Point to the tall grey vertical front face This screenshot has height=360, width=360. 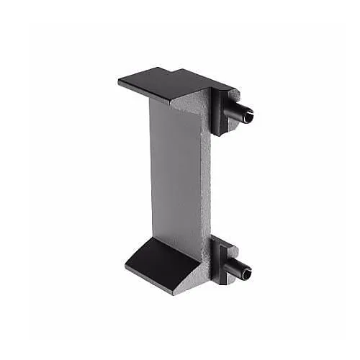click(x=173, y=173)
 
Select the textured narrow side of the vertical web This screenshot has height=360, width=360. click(x=203, y=180)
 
